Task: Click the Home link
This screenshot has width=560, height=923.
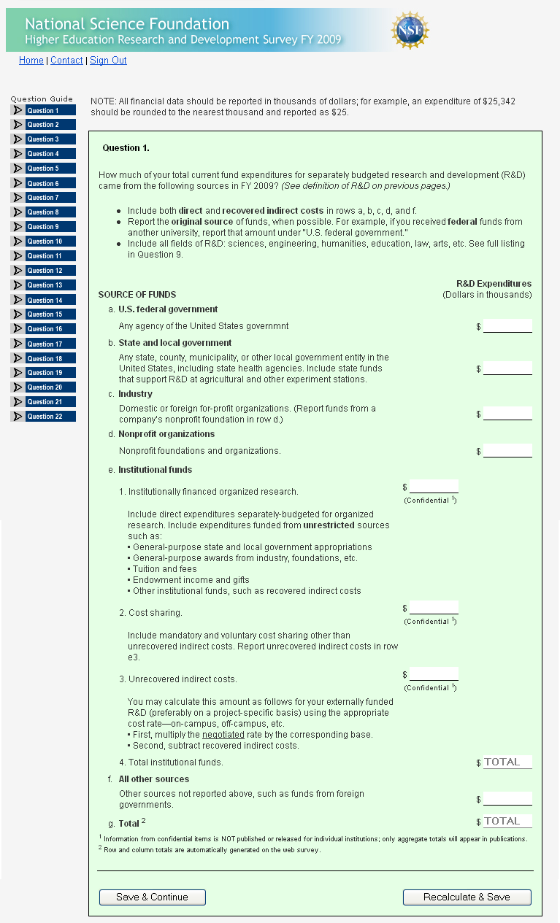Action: click(31, 61)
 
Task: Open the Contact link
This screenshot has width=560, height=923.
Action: click(66, 61)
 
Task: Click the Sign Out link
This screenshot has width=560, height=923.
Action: click(108, 61)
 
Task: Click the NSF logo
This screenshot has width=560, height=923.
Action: click(410, 30)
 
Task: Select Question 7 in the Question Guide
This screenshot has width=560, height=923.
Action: click(43, 198)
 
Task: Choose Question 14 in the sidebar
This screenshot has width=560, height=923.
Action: click(43, 300)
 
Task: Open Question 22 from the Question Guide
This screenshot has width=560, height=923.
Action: click(43, 417)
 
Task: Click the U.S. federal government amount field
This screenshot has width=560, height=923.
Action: click(507, 326)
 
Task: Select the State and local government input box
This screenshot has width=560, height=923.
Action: click(507, 368)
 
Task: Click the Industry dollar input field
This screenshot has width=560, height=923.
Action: click(507, 414)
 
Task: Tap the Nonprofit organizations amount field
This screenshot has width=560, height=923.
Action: click(507, 451)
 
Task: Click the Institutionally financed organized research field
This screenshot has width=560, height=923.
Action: click(434, 487)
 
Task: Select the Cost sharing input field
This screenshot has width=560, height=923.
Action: click(434, 608)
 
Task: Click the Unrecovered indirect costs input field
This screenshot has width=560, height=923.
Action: click(434, 674)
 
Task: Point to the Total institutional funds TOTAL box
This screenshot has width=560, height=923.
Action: click(507, 762)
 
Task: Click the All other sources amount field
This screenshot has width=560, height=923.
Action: click(507, 799)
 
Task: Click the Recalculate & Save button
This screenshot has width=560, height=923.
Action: click(467, 897)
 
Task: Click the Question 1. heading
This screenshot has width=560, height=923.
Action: click(126, 148)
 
